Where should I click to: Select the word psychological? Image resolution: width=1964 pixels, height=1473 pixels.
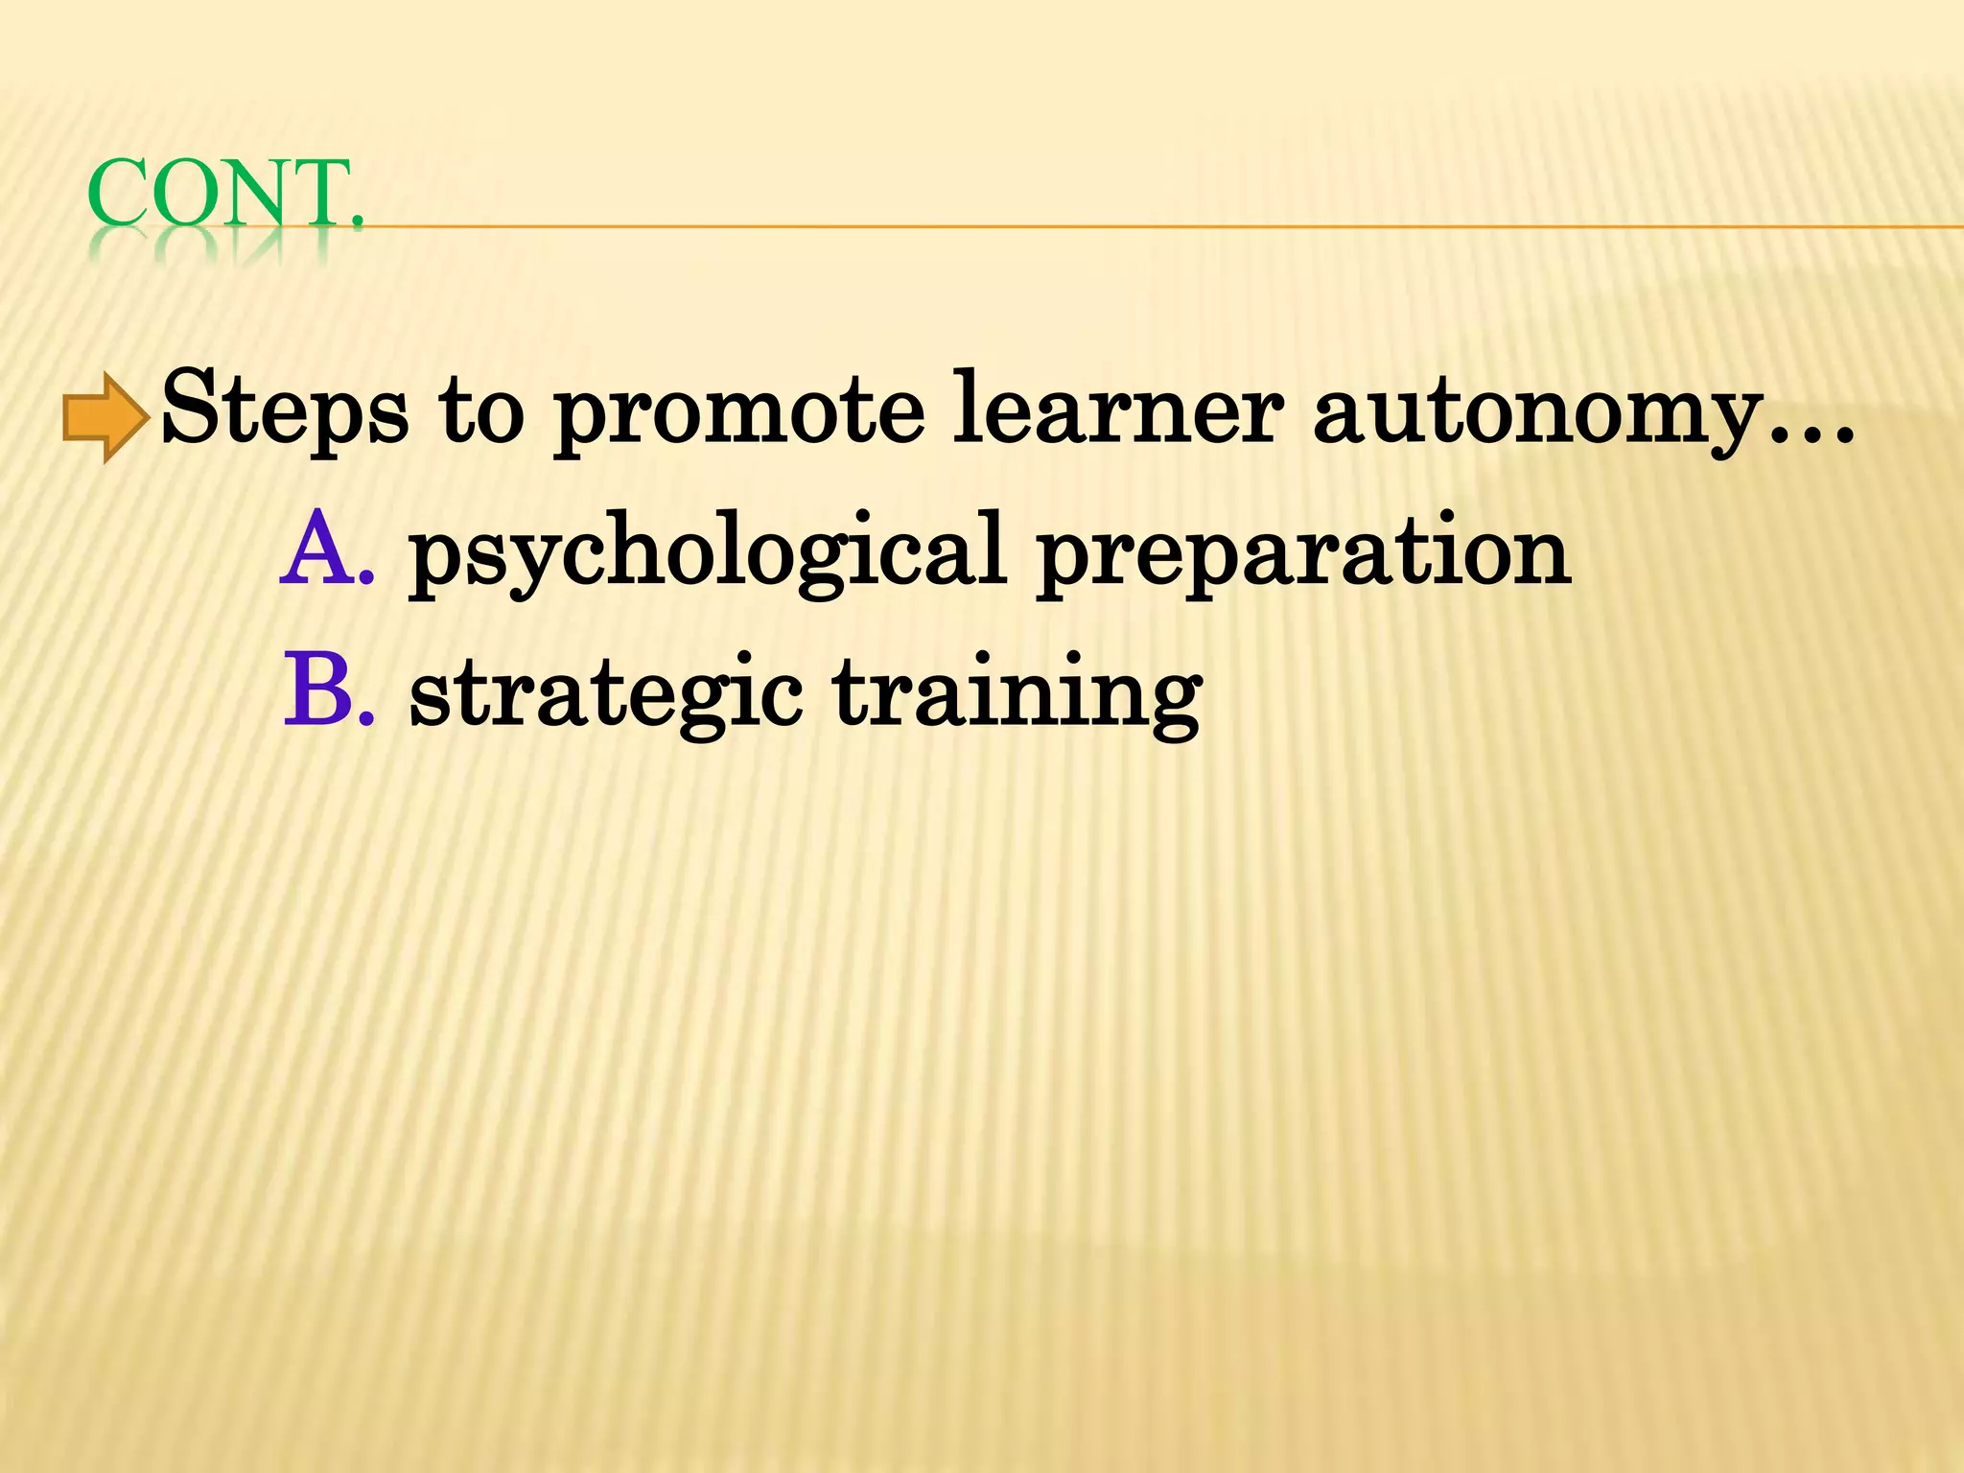point(706,554)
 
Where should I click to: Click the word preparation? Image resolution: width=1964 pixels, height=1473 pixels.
point(1302,554)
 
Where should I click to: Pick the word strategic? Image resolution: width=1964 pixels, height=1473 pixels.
point(606,693)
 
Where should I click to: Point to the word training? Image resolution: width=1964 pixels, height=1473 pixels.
point(1017,693)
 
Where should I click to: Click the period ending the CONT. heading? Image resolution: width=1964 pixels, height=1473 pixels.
point(358,223)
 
